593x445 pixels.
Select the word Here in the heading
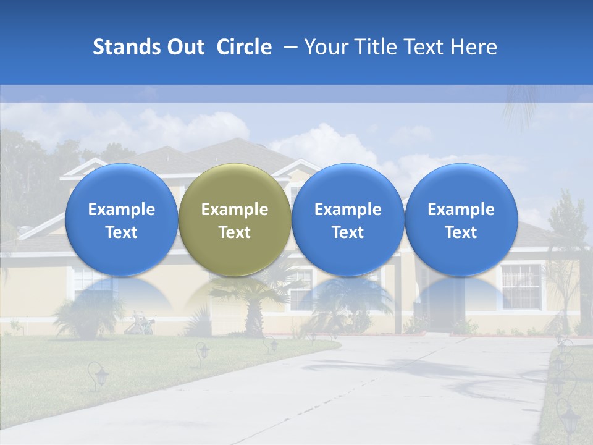pyautogui.click(x=474, y=47)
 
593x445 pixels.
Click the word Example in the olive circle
pyautogui.click(x=235, y=210)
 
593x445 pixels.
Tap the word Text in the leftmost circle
pyautogui.click(x=121, y=232)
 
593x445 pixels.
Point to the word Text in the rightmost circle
pyautogui.click(x=461, y=232)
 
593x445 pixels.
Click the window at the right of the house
pyautogui.click(x=521, y=286)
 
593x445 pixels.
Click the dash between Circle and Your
pyautogui.click(x=288, y=47)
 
